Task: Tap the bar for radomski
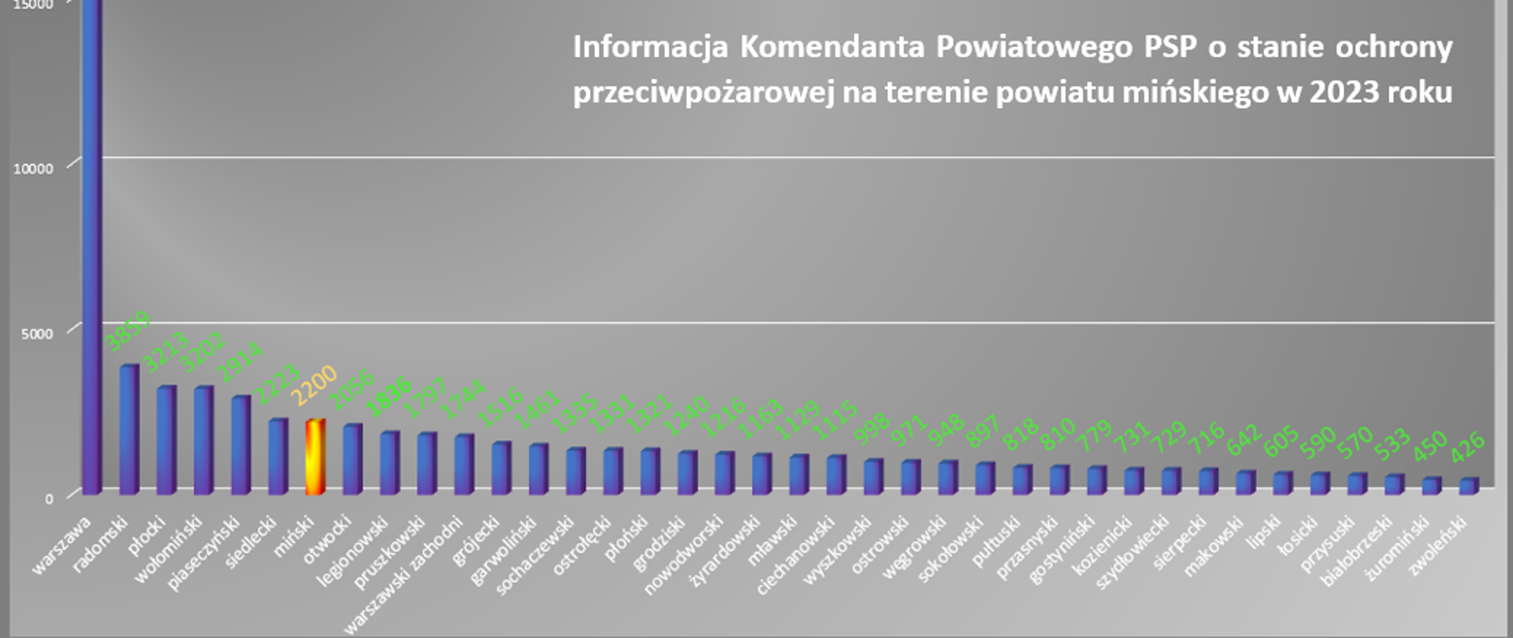[128, 429]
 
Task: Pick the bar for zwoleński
[1468, 486]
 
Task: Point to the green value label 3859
[128, 331]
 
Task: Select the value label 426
[1467, 447]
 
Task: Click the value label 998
[872, 428]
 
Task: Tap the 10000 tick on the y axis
[33, 169]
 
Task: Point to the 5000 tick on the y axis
[37, 333]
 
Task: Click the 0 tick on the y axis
[49, 498]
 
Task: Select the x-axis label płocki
[147, 535]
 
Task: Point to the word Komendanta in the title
[831, 46]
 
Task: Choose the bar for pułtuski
[1021, 479]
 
